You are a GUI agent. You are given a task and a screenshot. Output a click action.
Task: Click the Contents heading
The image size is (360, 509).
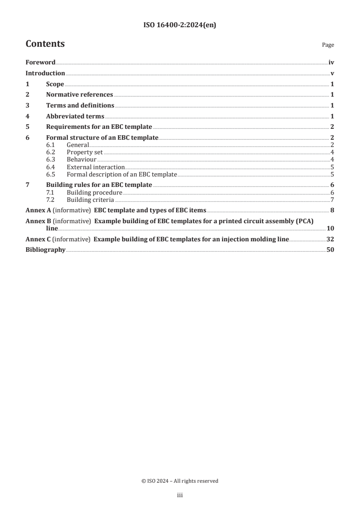[x=45, y=44]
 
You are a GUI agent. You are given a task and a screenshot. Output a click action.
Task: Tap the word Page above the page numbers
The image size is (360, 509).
[x=327, y=45]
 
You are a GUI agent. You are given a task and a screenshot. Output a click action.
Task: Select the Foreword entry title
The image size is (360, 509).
[x=40, y=63]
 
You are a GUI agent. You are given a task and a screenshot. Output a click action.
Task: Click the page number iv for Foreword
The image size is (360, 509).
[x=331, y=63]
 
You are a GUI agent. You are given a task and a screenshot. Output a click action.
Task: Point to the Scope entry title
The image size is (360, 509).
[x=55, y=84]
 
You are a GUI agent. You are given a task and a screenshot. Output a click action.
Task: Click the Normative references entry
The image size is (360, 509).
[x=79, y=95]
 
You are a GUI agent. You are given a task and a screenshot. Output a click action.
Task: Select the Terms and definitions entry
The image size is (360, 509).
[x=80, y=106]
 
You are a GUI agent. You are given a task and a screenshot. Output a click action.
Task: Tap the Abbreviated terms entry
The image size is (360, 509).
[x=75, y=116]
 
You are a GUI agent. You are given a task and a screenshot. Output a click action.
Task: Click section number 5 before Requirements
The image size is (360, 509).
[x=27, y=127]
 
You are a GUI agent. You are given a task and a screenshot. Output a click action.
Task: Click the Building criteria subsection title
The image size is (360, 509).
[x=90, y=200]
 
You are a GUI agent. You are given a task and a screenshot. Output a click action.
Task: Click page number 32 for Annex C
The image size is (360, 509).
[x=330, y=239]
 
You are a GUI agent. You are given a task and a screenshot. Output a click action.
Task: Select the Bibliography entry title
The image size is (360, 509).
[x=45, y=250]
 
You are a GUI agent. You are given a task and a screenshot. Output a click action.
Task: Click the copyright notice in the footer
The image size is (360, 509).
[x=180, y=481]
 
